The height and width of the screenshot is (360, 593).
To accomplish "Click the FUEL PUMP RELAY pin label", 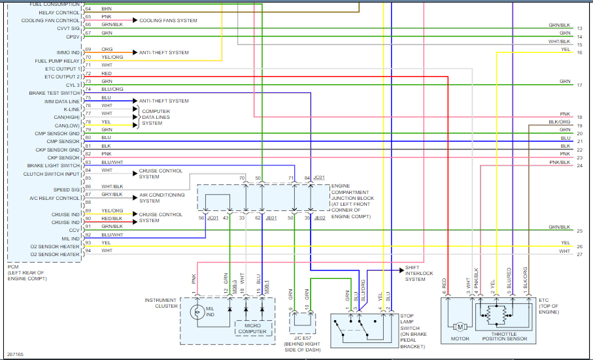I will pos(57,61).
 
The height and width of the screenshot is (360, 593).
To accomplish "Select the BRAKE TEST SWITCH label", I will pos(54,93).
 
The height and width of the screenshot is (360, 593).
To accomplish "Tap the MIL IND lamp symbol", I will pos(194,313).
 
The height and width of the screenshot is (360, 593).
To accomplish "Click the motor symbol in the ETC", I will pos(460,326).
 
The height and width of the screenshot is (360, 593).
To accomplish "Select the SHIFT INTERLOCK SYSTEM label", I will pos(419,274).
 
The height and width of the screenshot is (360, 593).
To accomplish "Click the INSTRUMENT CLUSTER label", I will pos(160,303).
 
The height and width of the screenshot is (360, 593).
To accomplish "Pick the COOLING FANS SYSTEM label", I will pos(168,20).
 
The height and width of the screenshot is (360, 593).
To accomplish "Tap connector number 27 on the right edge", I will pos(579,254).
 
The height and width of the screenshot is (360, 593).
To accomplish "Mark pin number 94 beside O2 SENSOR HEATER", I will pos(88,250).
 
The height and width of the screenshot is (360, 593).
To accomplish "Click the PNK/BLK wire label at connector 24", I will pos(560,162).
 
